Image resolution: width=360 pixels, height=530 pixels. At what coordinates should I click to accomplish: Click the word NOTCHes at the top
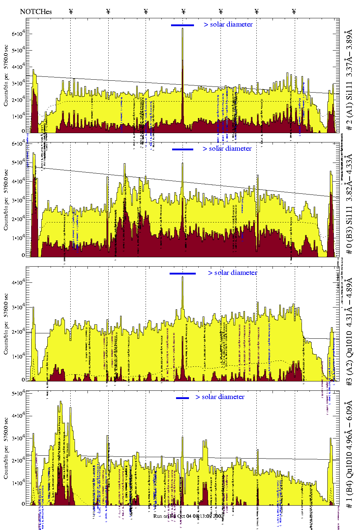(x=36, y=11)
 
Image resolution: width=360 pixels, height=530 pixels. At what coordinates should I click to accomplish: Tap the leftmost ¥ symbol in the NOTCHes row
(x=71, y=11)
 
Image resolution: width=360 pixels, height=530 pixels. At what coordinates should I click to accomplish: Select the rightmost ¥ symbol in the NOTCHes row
(x=294, y=11)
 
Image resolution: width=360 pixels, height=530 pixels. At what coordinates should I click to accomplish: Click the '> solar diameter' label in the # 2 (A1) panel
(x=228, y=24)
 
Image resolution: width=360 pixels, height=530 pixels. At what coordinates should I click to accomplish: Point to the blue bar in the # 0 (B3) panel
(x=183, y=149)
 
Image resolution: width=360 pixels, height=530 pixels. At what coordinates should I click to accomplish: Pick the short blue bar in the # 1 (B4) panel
(x=183, y=398)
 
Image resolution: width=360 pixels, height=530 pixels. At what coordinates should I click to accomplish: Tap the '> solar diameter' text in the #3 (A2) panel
(x=232, y=273)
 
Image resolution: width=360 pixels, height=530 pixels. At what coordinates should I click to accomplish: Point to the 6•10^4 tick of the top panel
(x=18, y=34)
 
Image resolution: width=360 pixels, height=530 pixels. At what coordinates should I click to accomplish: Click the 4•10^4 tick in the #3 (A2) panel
(x=18, y=282)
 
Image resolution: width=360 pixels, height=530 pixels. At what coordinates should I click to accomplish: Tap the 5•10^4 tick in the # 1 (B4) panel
(x=18, y=394)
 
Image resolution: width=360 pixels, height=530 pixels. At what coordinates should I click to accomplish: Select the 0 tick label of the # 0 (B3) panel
(x=23, y=255)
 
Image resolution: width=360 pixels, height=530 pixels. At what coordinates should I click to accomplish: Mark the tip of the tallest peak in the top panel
(x=183, y=29)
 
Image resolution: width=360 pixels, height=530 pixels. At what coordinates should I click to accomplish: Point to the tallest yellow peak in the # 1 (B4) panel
(x=61, y=402)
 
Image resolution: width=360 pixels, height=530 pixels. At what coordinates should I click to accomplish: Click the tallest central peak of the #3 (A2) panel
(x=183, y=277)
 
